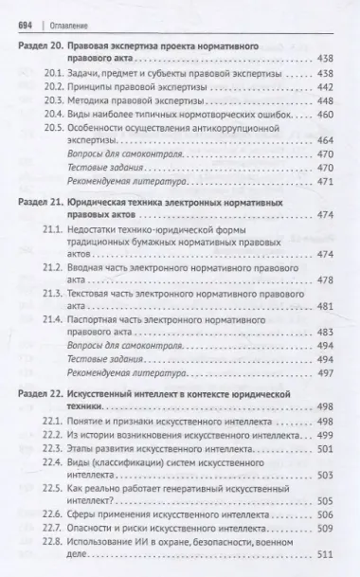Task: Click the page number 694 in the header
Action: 25,13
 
